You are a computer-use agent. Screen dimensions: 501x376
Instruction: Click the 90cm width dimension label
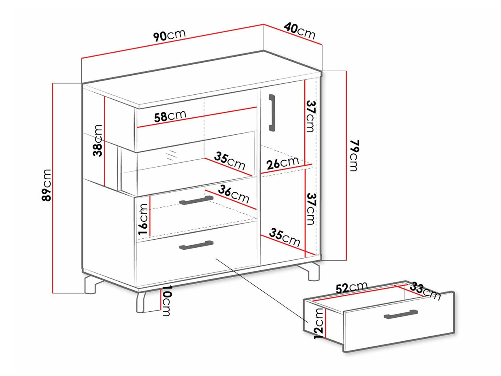[170, 35]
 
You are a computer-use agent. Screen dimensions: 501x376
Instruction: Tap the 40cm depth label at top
[300, 31]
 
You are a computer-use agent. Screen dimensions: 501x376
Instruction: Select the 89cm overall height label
[46, 185]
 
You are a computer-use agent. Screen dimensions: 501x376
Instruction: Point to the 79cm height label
[353, 155]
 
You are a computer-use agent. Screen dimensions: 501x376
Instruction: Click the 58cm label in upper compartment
[170, 116]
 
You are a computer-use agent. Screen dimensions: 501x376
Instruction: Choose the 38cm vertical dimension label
[98, 140]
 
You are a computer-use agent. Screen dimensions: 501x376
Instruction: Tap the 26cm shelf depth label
[283, 163]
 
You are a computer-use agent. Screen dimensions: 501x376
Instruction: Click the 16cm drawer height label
[143, 219]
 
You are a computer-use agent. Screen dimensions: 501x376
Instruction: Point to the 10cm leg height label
[167, 301]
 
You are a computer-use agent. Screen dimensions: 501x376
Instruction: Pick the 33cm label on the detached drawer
[425, 291]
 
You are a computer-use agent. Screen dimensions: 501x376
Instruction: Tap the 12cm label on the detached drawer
[318, 323]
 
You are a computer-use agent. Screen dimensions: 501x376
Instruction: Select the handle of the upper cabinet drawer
[197, 200]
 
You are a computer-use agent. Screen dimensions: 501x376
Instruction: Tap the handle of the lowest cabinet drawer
[197, 245]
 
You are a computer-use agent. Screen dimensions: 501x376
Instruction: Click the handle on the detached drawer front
[401, 314]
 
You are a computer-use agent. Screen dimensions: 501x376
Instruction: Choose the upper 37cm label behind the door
[310, 117]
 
